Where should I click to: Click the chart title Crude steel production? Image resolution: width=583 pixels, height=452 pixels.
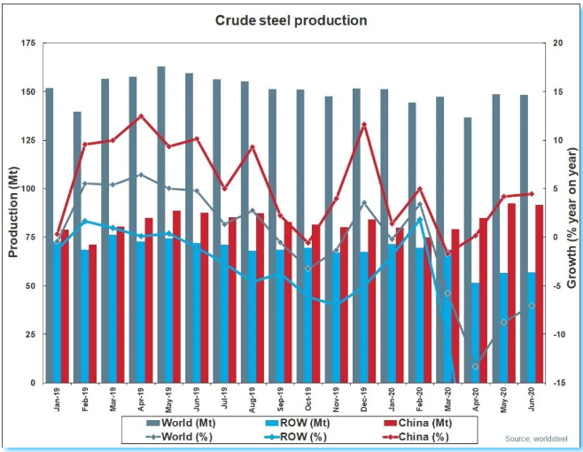(291, 20)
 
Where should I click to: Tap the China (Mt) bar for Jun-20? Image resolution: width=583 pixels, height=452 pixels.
(538, 293)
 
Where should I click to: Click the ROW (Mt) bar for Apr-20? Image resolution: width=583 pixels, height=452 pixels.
(476, 332)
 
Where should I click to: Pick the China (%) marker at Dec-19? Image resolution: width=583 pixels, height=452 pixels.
(363, 125)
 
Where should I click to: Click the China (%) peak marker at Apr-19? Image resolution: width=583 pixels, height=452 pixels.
(140, 116)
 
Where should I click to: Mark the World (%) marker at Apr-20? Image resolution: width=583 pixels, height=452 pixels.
(475, 366)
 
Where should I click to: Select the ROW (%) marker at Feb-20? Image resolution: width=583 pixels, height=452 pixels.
(420, 220)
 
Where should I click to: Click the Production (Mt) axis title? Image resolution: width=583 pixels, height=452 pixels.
(13, 213)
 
